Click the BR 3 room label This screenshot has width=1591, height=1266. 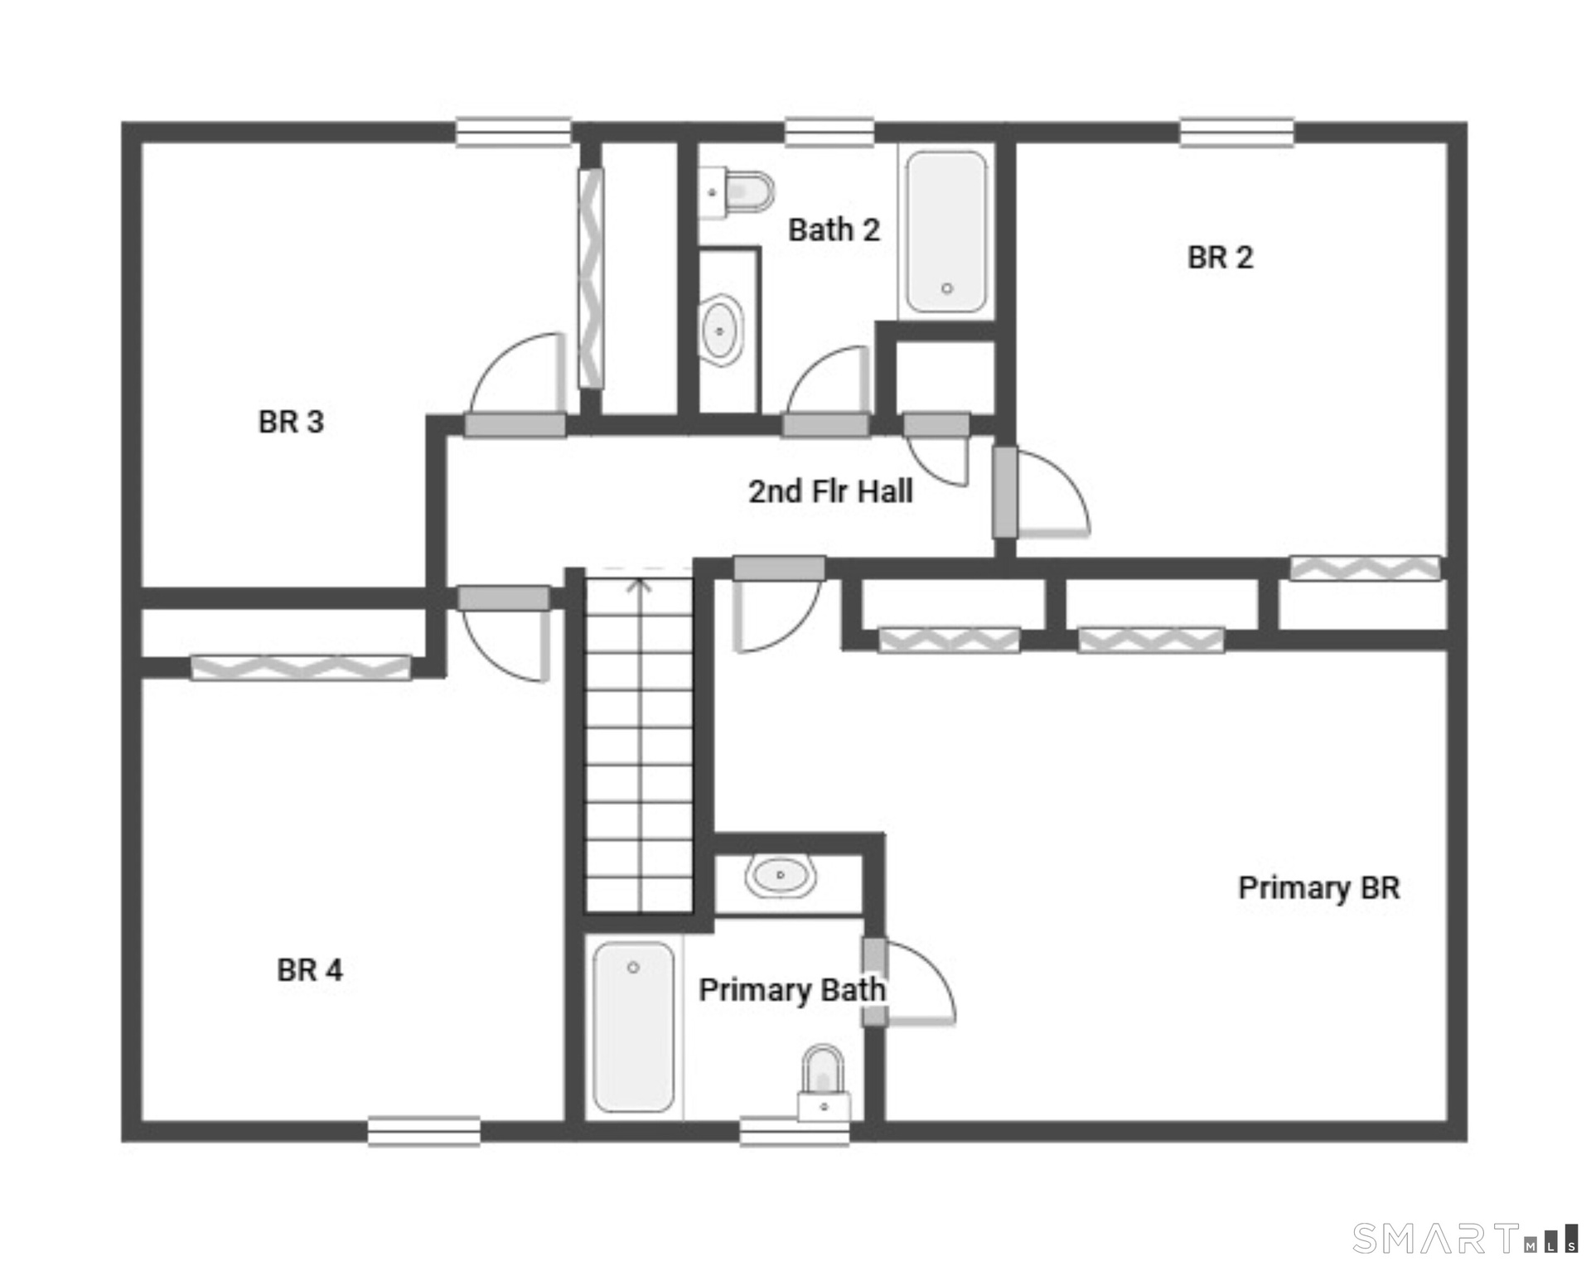pyautogui.click(x=291, y=422)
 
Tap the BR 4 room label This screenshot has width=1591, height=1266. pyautogui.click(x=309, y=969)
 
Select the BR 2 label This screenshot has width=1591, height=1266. pyautogui.click(x=1220, y=258)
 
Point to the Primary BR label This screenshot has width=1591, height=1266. pyautogui.click(x=1319, y=888)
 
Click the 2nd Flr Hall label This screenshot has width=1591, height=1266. pyautogui.click(x=830, y=491)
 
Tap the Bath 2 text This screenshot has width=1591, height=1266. pyautogui.click(x=834, y=230)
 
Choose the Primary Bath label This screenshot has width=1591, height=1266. pyautogui.click(x=792, y=989)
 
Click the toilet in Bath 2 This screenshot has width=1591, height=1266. pyautogui.click(x=736, y=192)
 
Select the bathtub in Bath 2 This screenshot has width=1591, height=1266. pyautogui.click(x=946, y=232)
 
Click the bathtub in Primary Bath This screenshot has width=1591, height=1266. pyautogui.click(x=634, y=1027)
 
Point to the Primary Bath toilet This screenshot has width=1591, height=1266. pyautogui.click(x=824, y=1082)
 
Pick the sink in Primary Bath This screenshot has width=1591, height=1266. pyautogui.click(x=780, y=875)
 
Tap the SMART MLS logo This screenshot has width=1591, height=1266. pyautogui.click(x=1465, y=1238)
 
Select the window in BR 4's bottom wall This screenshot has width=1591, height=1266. pyautogui.click(x=423, y=1131)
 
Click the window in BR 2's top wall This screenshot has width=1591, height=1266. pyautogui.click(x=1236, y=133)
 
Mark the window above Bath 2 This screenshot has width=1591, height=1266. pyautogui.click(x=829, y=133)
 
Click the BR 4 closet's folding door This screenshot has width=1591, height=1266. pyautogui.click(x=300, y=667)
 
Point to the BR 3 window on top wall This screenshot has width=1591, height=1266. pyautogui.click(x=514, y=133)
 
